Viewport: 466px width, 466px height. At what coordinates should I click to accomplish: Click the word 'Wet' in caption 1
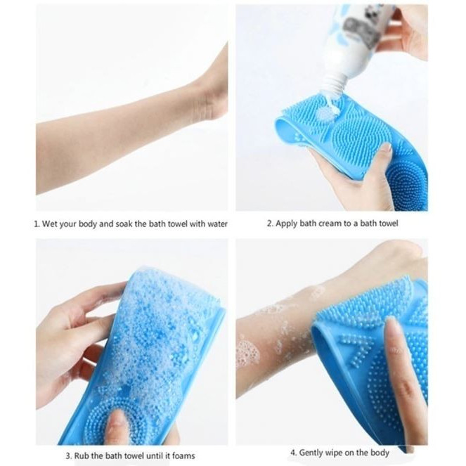pyautogui.click(x=50, y=224)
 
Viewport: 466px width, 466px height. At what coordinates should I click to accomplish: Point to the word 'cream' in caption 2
pyautogui.click(x=330, y=224)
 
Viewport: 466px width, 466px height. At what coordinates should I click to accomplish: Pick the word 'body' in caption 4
pyautogui.click(x=380, y=453)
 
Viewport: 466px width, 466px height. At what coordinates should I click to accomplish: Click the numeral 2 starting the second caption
pyautogui.click(x=269, y=224)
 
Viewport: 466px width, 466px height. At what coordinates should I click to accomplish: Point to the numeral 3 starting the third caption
pyautogui.click(x=67, y=455)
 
